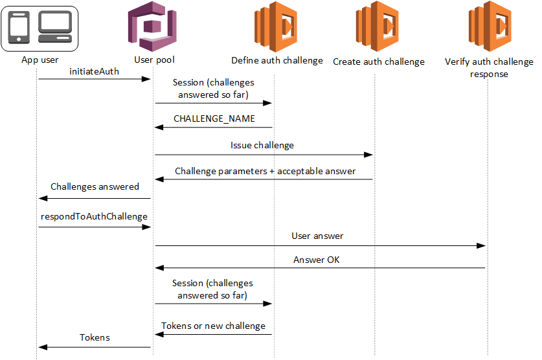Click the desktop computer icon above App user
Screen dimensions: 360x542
(55, 27)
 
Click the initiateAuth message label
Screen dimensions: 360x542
(94, 71)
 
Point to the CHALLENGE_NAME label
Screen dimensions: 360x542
(214, 119)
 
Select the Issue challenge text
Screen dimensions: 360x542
(262, 146)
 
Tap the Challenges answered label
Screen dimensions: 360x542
(95, 186)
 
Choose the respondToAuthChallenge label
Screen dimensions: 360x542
(93, 217)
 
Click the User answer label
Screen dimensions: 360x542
(317, 236)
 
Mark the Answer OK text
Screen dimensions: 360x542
(316, 260)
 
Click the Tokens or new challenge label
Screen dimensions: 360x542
(213, 326)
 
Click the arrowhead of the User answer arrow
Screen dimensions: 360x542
(481, 246)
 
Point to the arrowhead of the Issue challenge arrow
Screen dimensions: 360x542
(368, 155)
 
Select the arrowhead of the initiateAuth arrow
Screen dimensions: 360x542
(147, 79)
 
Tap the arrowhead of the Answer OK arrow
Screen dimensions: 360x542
(159, 268)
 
